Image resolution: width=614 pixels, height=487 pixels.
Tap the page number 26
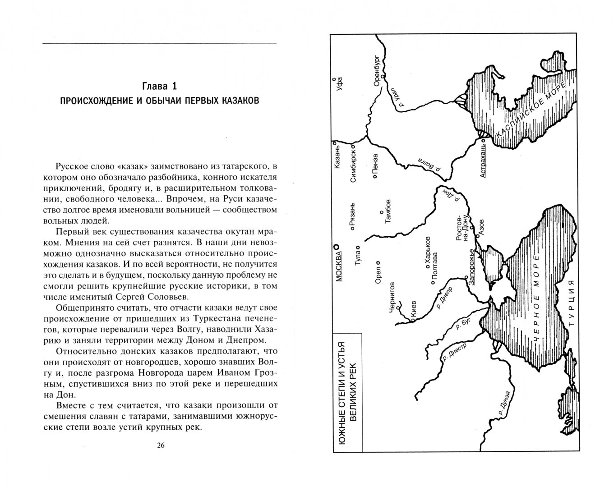tap(161, 446)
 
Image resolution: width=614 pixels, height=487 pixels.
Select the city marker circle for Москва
tap(336, 247)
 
